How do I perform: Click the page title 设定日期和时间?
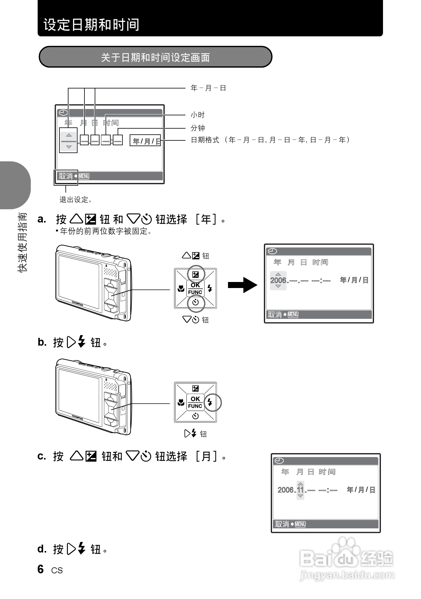(x=91, y=25)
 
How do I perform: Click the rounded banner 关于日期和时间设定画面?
(x=155, y=57)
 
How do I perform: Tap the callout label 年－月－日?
(x=208, y=88)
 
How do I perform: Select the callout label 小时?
(x=198, y=115)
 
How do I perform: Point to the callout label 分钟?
(x=198, y=128)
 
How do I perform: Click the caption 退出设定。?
(x=76, y=200)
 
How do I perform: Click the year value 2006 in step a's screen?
(x=278, y=280)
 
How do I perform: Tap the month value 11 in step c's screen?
(x=300, y=490)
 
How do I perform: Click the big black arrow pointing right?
(x=242, y=285)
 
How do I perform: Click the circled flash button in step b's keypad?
(x=210, y=402)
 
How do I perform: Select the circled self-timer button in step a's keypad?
(x=196, y=302)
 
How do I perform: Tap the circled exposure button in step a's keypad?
(x=196, y=274)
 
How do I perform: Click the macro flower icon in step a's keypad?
(x=181, y=289)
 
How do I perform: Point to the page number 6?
(x=41, y=569)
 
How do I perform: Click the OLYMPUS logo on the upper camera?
(x=78, y=303)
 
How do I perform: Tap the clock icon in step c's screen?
(x=280, y=461)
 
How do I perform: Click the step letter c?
(x=42, y=456)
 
